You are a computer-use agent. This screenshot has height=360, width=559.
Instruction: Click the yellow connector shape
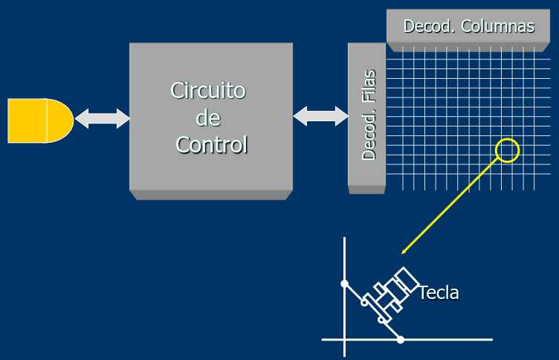39,120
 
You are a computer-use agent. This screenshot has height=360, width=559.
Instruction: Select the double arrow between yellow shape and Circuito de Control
102,118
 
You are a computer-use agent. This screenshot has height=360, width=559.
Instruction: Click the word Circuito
208,91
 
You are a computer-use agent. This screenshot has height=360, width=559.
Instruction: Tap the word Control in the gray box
211,144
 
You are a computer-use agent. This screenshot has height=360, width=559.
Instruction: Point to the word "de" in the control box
207,118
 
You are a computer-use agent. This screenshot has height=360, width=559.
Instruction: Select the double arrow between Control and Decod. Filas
320,116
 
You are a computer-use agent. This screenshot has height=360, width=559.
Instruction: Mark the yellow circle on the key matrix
507,150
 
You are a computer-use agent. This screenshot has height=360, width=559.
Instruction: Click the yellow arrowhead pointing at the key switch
404,251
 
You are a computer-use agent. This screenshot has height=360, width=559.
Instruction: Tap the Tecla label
439,292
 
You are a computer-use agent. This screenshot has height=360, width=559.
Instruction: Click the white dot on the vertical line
344,283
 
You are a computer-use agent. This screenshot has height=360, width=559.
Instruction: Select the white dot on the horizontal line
400,340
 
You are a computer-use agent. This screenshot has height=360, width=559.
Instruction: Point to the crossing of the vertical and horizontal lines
344,340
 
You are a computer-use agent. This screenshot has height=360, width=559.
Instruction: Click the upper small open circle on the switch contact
364,302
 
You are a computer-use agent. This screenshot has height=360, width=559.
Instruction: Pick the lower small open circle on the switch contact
381,320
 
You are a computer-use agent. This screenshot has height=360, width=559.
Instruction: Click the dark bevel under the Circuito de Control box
210,195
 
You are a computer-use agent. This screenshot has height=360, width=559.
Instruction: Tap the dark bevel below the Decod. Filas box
366,190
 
